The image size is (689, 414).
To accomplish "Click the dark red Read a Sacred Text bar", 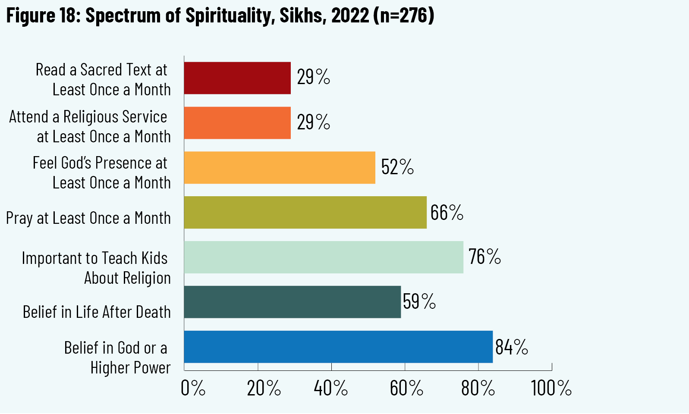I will pos(237,78).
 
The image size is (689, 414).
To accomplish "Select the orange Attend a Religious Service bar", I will pos(237,123).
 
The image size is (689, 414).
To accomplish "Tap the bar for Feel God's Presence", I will pos(280,168).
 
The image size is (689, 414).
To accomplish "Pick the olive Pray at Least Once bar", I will pos(305,213).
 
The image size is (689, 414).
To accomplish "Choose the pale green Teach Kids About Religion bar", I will pos(324,257).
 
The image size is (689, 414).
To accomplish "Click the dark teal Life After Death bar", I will pos(292,302).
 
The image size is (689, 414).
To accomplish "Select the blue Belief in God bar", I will pos(338,347).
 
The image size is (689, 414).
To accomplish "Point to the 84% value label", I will pos(512,347).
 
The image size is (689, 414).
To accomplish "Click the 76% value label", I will pos(485,257).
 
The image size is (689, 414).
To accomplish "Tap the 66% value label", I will pos(447,213).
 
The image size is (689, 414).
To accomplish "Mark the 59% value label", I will pos(419,301).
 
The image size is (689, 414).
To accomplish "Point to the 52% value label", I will pos(397,167).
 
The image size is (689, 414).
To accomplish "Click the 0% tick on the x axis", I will pos(193,389).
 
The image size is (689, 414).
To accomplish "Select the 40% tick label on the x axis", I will pos(331,389).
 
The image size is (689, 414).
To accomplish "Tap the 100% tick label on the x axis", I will pos(551,389).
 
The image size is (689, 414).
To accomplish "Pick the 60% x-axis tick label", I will pos(406,389).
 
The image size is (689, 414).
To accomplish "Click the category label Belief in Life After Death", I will pos(97,312).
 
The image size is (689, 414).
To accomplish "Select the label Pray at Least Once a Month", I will pos(88,218).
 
